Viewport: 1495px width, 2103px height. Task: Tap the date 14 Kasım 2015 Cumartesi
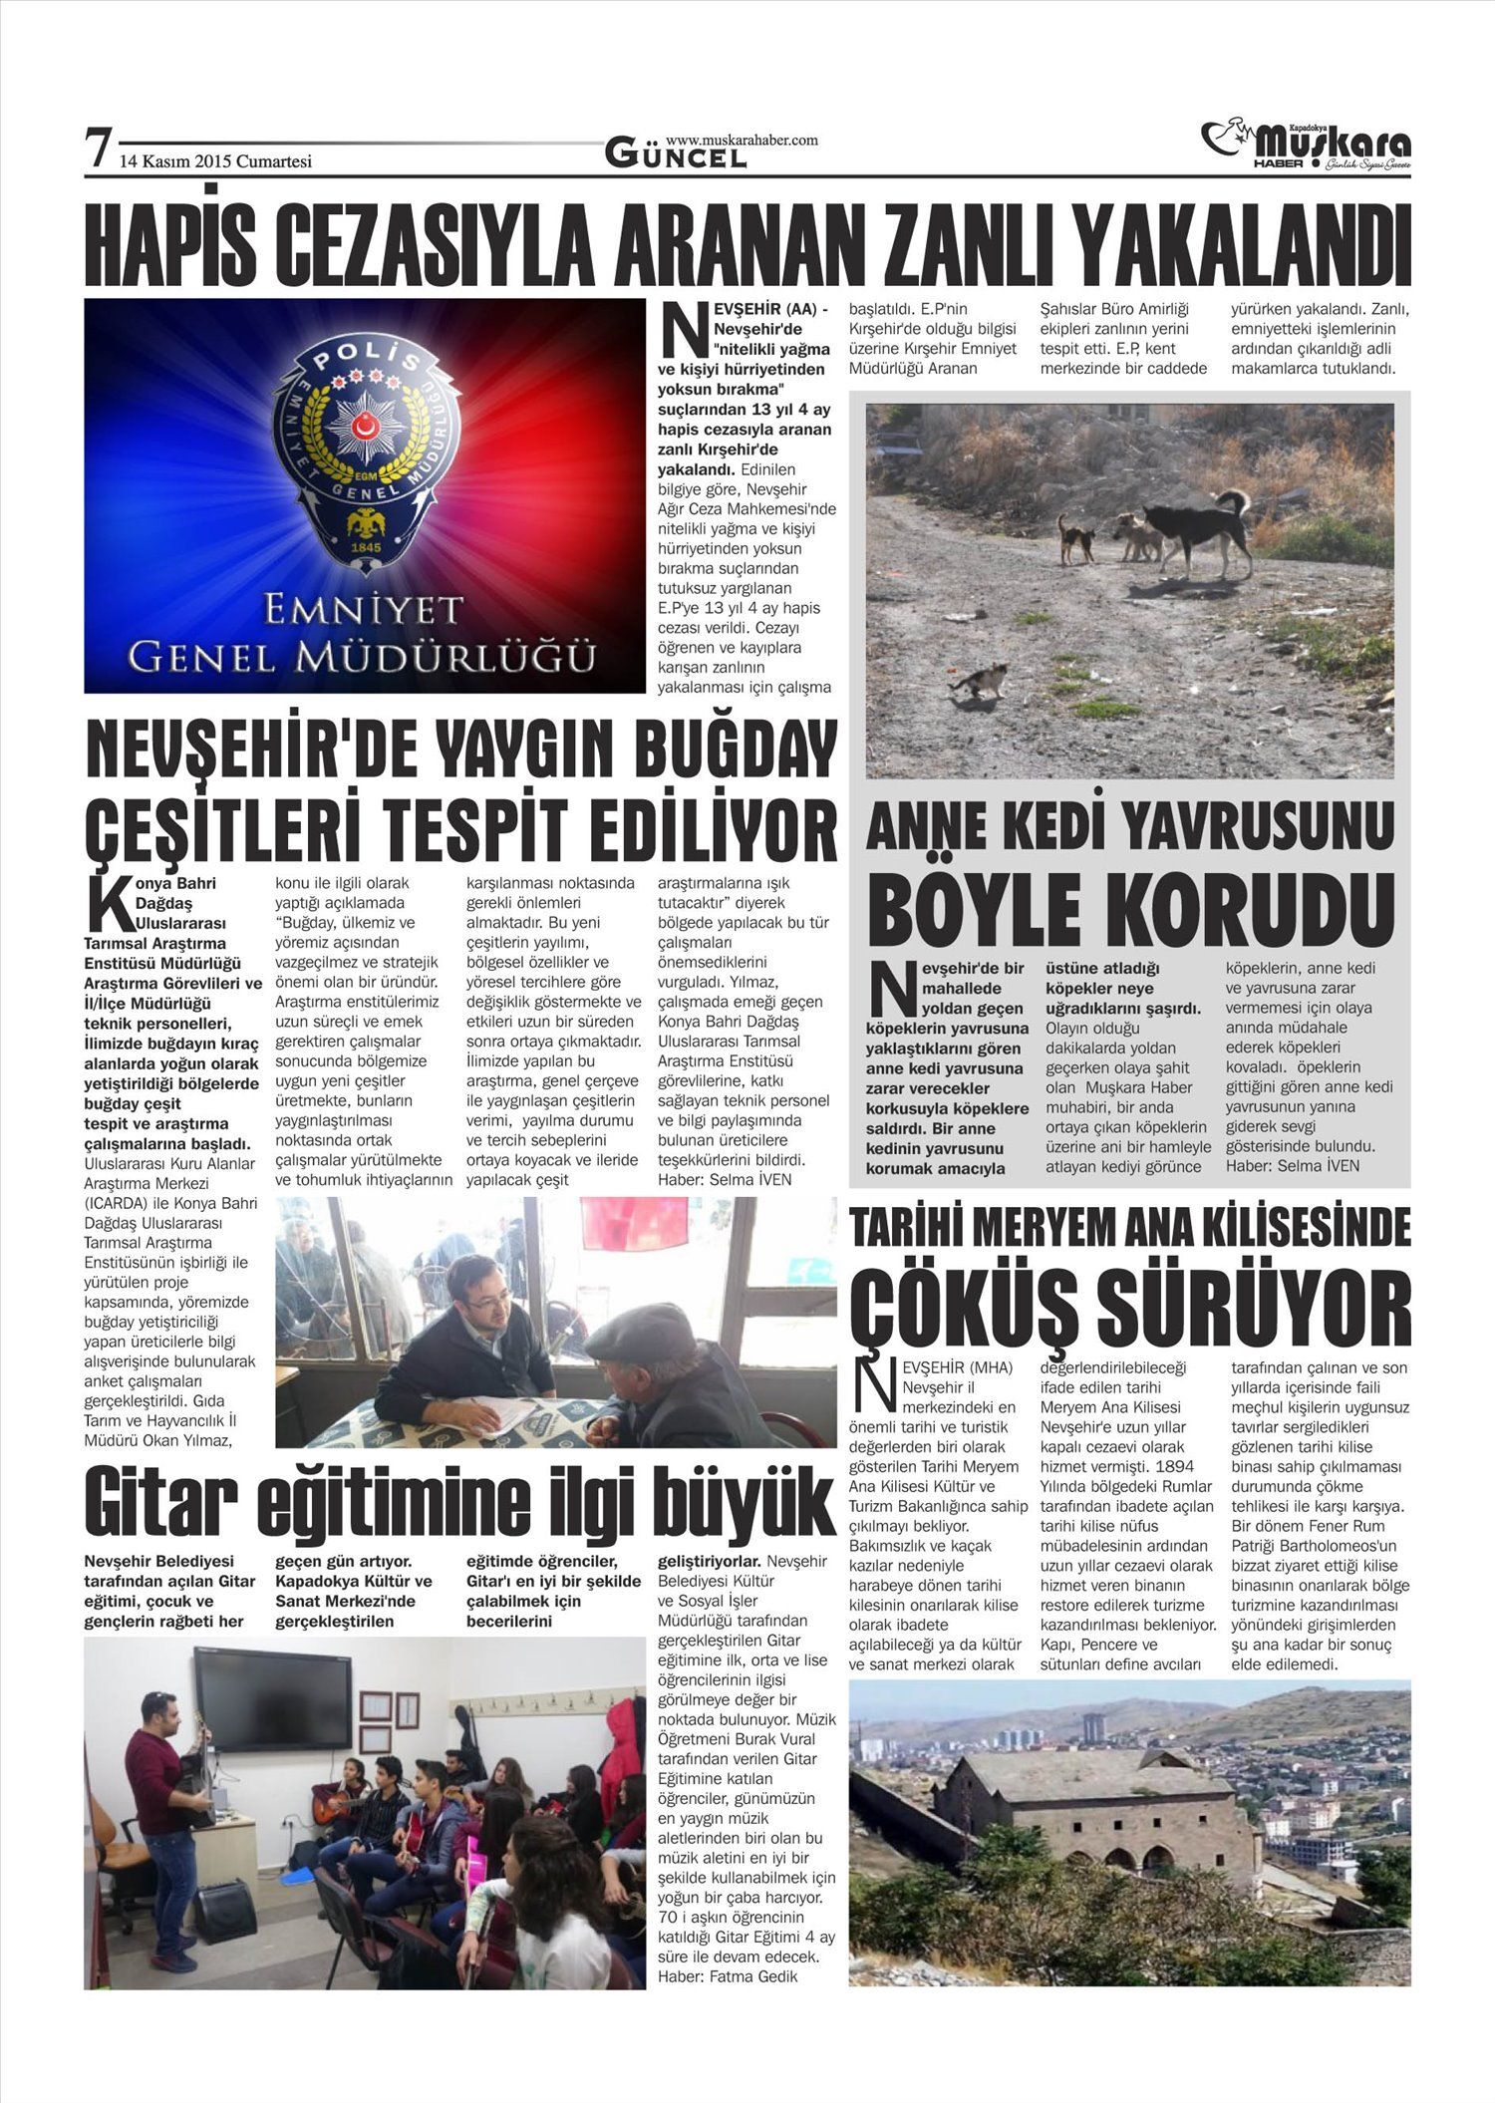point(215,160)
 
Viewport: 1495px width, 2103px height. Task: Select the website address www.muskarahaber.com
point(741,141)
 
